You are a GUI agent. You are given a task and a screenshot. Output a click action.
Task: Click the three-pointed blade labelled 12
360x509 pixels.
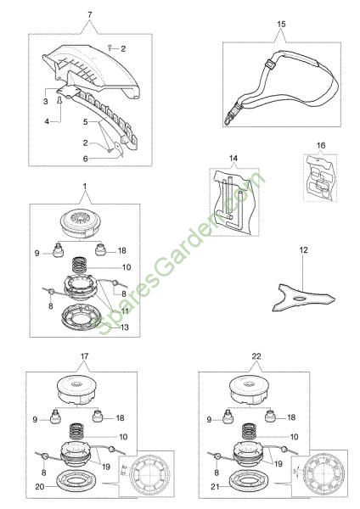(x=301, y=298)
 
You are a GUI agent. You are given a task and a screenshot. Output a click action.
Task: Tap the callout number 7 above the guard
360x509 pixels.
(x=90, y=14)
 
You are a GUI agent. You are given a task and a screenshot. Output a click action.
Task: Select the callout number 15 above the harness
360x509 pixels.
(x=281, y=24)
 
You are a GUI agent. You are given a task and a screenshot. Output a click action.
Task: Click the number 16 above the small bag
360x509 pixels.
(x=321, y=145)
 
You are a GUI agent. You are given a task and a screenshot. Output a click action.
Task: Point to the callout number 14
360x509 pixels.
(x=233, y=159)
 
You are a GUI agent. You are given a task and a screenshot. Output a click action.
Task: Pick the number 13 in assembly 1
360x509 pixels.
(x=125, y=327)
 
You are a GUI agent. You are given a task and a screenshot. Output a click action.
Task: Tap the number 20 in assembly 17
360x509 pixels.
(x=40, y=487)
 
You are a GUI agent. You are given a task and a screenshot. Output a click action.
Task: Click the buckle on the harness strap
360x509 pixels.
(x=269, y=64)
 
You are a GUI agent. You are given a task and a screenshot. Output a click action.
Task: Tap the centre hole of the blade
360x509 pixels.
(x=300, y=298)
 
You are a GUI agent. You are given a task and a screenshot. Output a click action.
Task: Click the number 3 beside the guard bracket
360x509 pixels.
(x=46, y=101)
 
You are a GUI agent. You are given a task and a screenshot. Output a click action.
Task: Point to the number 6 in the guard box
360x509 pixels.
(x=86, y=159)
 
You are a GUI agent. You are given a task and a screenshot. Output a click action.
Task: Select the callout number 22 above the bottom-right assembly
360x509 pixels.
(x=256, y=356)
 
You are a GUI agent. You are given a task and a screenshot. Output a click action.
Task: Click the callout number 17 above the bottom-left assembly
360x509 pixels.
(x=84, y=356)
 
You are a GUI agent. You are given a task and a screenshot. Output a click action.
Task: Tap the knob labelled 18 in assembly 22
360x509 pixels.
(x=270, y=416)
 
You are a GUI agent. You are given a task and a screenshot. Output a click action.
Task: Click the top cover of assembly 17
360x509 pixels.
(x=76, y=390)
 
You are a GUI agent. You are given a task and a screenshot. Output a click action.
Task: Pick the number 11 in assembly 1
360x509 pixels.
(x=125, y=311)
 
